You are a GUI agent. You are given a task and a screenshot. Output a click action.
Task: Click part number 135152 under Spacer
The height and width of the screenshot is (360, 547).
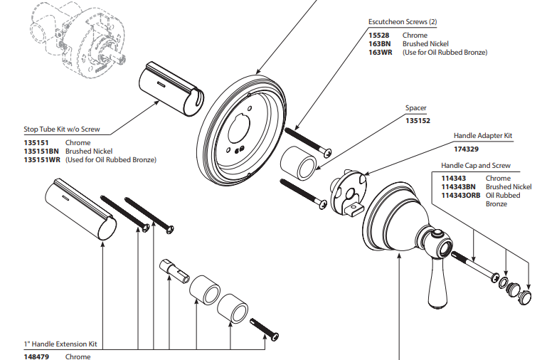[418, 121]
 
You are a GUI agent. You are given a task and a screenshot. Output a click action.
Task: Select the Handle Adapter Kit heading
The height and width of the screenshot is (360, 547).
[483, 135]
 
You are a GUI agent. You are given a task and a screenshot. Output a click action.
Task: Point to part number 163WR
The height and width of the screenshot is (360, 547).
[380, 53]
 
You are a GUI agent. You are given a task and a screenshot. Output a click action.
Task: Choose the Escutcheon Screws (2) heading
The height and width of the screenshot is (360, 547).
[403, 22]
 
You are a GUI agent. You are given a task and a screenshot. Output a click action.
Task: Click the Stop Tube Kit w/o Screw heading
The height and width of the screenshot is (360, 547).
[62, 130]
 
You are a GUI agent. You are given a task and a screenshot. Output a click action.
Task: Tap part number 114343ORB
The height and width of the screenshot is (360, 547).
[461, 196]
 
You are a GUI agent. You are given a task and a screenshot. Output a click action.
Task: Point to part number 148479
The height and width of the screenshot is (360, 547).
[36, 356]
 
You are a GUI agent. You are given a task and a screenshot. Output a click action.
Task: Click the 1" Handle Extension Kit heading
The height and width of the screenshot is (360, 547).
[60, 344]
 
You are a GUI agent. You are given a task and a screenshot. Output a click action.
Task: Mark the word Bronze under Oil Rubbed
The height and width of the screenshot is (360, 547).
[496, 204]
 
